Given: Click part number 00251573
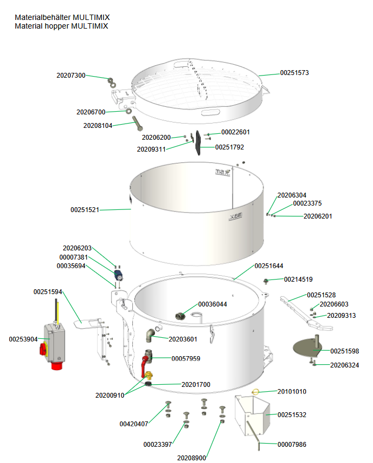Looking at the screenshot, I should pos(294,72).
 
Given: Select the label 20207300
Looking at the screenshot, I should pos(71,76).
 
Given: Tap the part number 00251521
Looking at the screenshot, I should pos(85,209).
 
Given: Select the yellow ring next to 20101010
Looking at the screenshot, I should pos(256,392).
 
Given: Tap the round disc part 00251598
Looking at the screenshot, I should pos(310,346).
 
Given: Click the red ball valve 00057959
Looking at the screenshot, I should pos(145,363).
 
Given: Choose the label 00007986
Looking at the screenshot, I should pos(292,444).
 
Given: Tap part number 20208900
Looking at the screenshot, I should pos(192,458).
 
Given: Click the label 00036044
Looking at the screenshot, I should pos(213,304).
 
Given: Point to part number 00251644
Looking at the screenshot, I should pos(269,266).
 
